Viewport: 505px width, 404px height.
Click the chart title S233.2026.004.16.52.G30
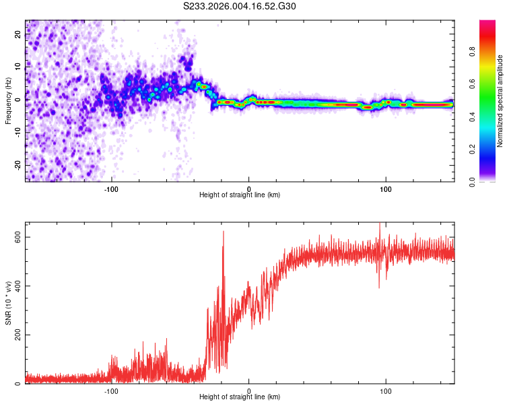click(240, 6)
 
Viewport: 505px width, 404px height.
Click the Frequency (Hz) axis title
click(8, 100)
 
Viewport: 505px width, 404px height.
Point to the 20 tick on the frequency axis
click(18, 35)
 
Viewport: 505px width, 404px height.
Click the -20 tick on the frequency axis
click(18, 165)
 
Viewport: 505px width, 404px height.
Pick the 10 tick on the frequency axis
click(18, 67)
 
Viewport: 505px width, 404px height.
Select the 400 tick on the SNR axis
click(18, 286)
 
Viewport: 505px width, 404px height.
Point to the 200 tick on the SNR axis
click(18, 335)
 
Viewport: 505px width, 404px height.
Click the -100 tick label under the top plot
click(111, 188)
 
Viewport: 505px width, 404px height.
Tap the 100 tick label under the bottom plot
click(386, 391)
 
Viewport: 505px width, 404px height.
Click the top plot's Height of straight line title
click(240, 195)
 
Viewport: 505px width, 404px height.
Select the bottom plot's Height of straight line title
click(240, 397)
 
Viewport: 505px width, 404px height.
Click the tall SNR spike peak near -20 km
click(223, 232)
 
